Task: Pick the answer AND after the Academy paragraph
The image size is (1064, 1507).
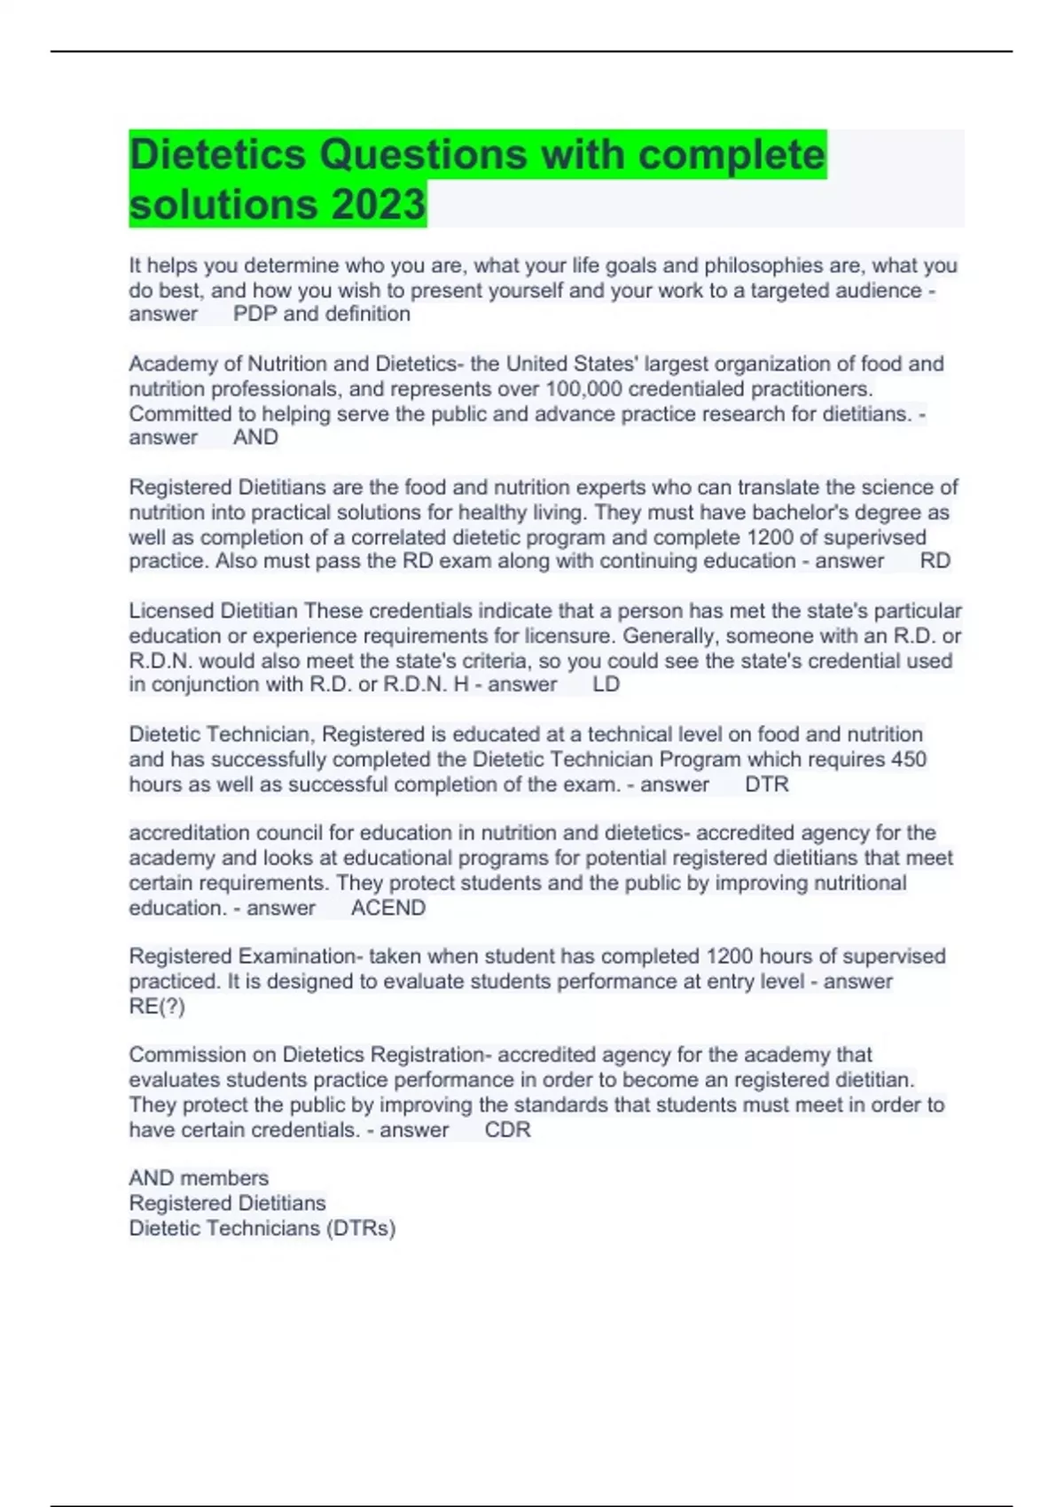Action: click(x=255, y=437)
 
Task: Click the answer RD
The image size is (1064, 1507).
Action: click(x=935, y=561)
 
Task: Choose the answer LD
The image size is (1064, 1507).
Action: click(x=606, y=684)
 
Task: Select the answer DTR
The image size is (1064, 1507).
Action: click(x=767, y=784)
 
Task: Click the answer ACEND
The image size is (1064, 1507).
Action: click(x=388, y=908)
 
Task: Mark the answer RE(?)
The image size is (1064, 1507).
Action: click(x=157, y=1006)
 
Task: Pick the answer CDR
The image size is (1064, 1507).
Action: click(x=508, y=1129)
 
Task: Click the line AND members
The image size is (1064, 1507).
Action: click(x=199, y=1178)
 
